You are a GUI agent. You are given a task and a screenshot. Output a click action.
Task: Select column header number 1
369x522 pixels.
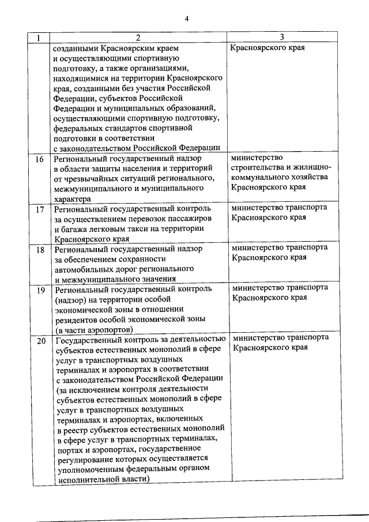(x=38, y=38)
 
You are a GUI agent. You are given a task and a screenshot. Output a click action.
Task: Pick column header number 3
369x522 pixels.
(x=282, y=38)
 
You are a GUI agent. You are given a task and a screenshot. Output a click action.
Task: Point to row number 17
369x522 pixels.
(x=39, y=209)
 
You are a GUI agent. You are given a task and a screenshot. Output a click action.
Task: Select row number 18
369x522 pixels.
(x=39, y=250)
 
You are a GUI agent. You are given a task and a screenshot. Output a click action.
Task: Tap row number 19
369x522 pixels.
(x=39, y=290)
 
